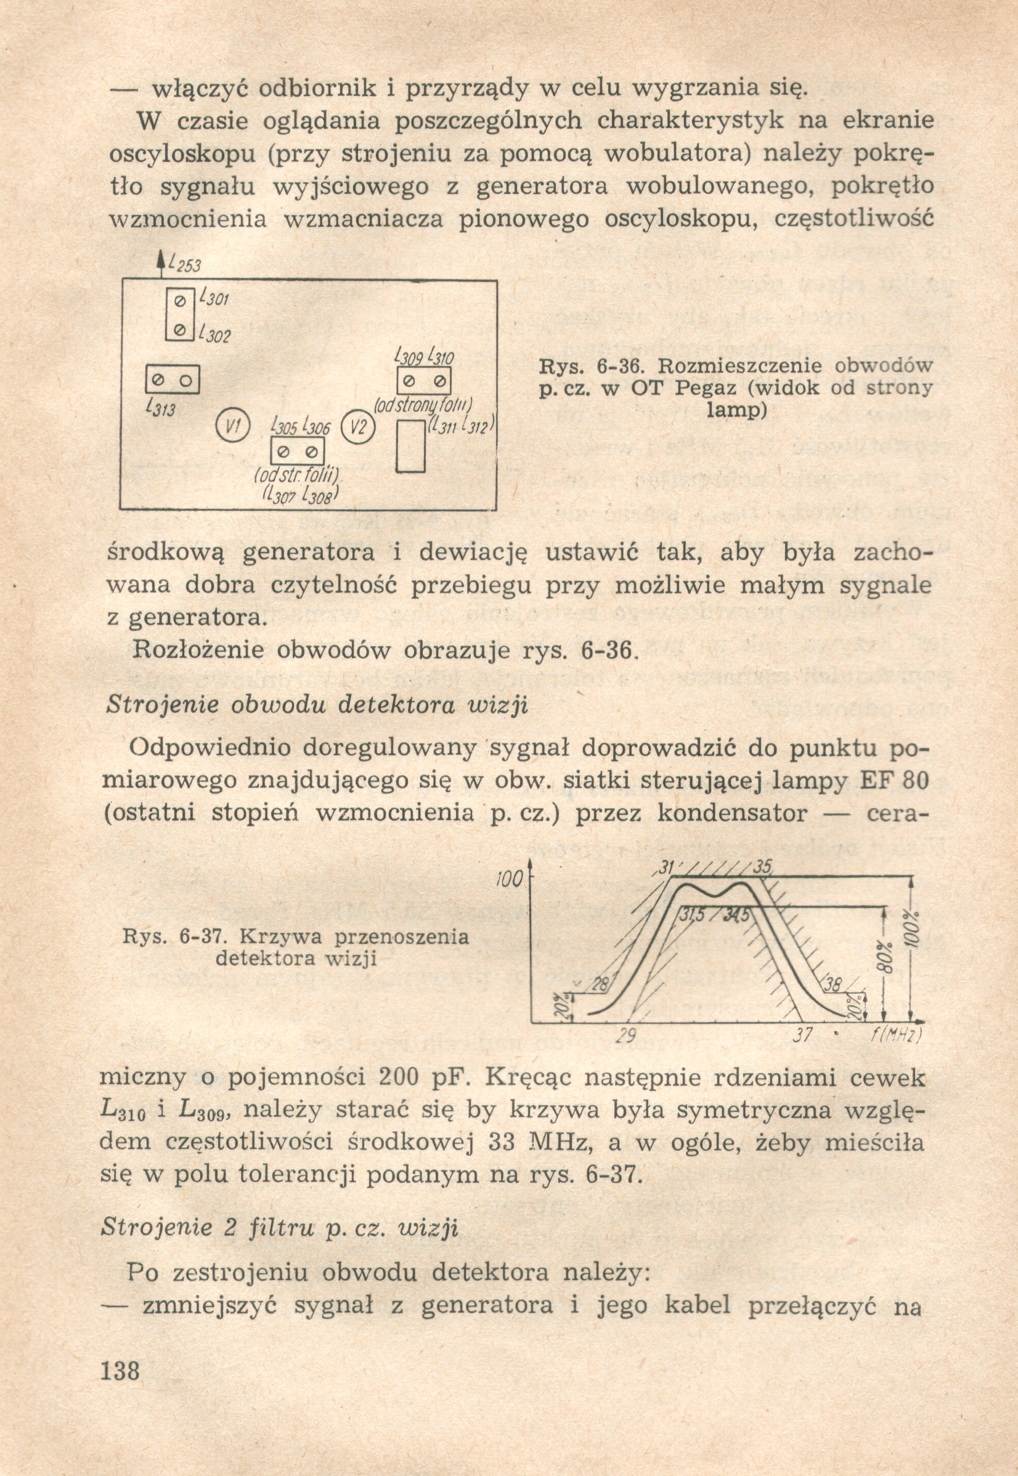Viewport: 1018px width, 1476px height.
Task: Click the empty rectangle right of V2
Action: [x=411, y=445]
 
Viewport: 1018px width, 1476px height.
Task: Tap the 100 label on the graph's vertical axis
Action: [x=509, y=881]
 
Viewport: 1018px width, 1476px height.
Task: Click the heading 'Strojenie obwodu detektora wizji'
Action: [x=316, y=706]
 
